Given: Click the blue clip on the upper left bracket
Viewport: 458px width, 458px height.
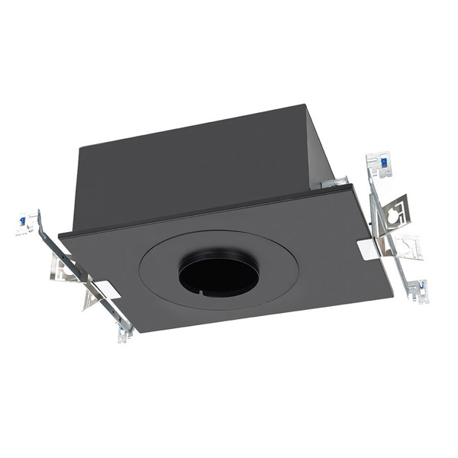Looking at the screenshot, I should pos(23,221).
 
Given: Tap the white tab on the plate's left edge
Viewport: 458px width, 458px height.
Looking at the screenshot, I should pos(106,289).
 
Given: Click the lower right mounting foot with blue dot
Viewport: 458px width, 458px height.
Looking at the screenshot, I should pos(418,290).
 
